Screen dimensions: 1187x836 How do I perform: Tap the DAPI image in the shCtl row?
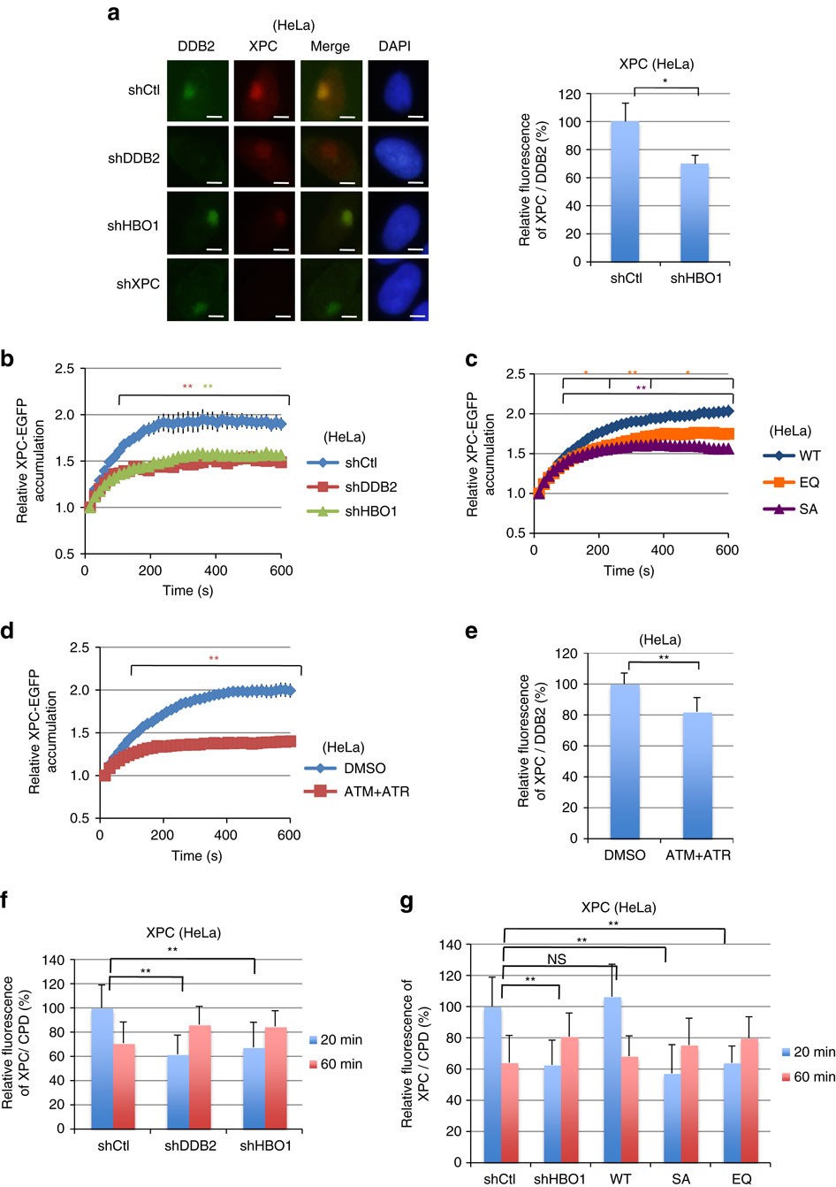point(398,91)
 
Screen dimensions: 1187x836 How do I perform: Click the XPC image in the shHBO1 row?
point(263,224)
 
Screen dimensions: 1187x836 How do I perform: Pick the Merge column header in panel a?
point(331,46)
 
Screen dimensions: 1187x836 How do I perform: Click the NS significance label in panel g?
point(556,959)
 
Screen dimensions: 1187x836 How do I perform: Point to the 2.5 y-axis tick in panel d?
point(80,647)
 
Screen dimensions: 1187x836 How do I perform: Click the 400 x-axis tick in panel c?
point(662,550)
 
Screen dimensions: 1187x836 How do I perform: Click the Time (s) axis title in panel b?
point(188,590)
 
